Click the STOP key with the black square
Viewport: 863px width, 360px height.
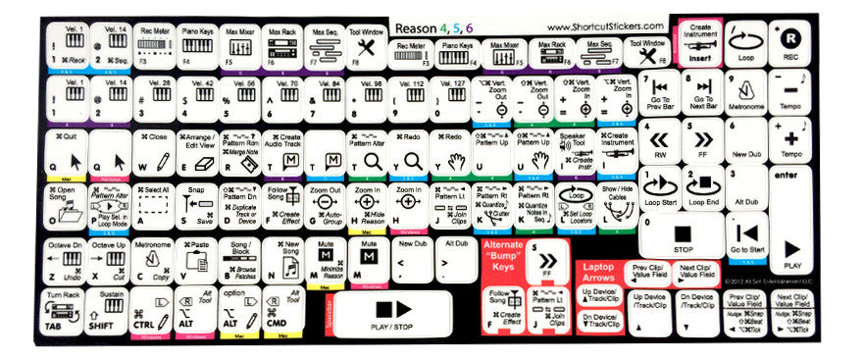(x=683, y=238)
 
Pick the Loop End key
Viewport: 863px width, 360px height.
(x=702, y=186)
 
